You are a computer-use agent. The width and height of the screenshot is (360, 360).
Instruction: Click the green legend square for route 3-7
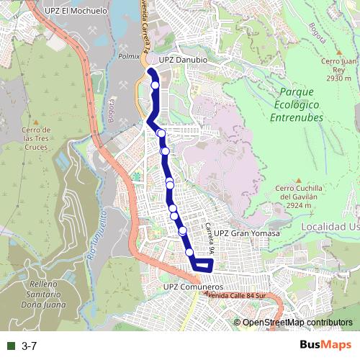pos(11,346)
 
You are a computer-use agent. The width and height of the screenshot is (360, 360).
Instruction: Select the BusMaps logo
pos(325,346)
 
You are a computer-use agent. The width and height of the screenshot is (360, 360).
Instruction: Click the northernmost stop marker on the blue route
pos(156,86)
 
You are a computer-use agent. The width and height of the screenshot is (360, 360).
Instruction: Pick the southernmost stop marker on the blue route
pos(190,253)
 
